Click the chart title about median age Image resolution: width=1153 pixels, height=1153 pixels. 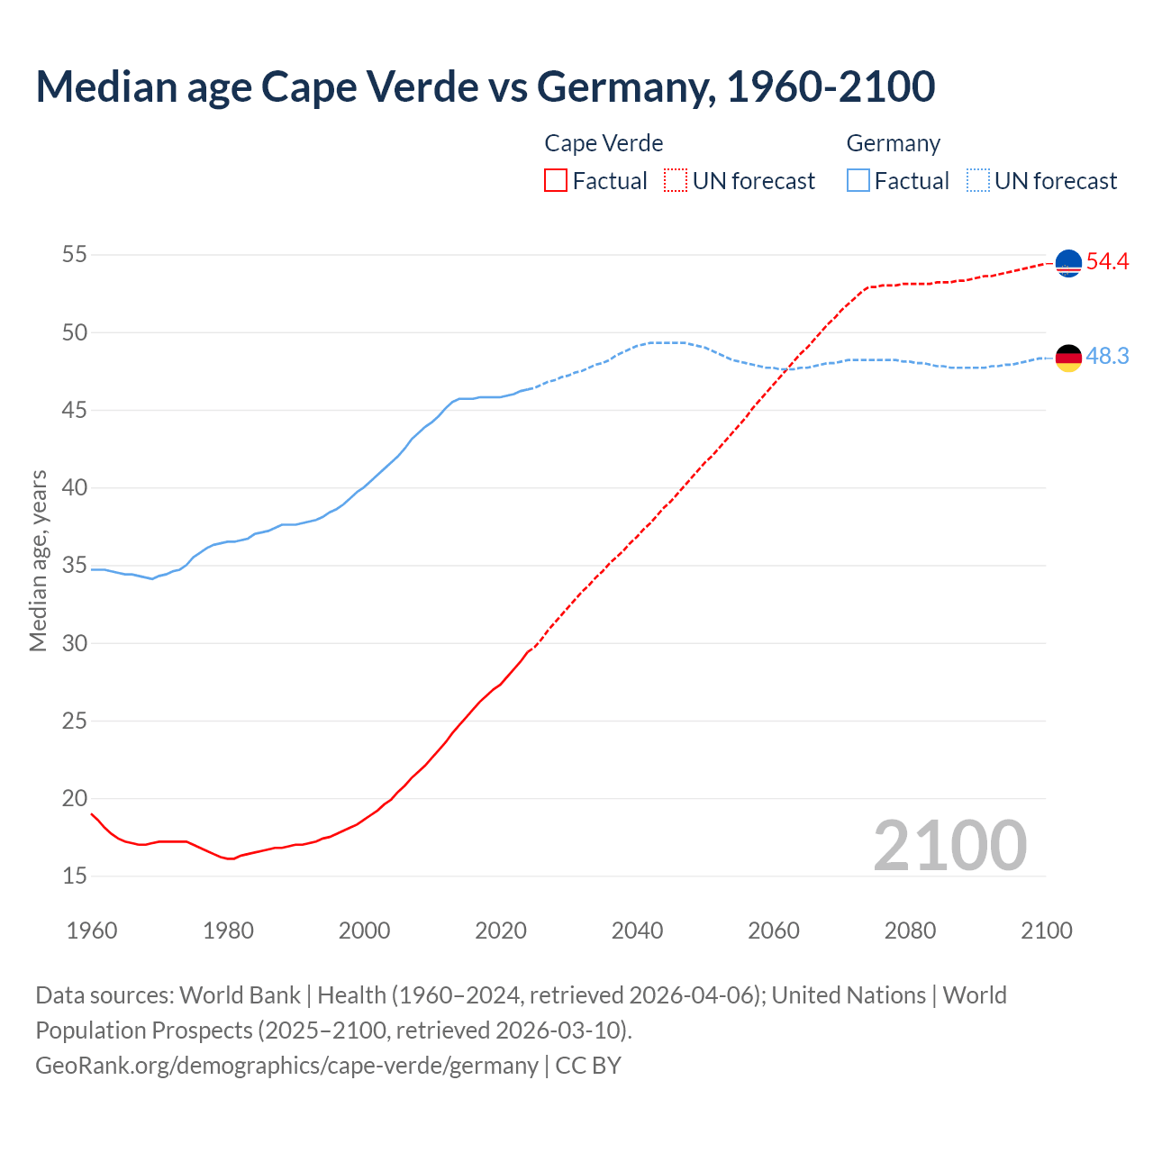(x=485, y=86)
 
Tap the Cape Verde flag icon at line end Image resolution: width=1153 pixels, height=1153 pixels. (x=1068, y=263)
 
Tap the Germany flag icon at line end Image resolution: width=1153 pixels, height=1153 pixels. (x=1068, y=358)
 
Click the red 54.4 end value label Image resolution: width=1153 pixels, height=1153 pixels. (x=1107, y=262)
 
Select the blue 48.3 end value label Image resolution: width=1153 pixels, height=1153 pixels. (x=1107, y=357)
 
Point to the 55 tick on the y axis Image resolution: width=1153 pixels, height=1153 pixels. (x=74, y=255)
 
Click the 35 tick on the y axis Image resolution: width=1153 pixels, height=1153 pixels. (x=74, y=566)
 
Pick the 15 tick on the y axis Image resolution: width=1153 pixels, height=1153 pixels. (x=74, y=876)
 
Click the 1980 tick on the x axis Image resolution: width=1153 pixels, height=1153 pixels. (x=228, y=931)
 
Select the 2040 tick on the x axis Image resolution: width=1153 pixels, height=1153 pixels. (x=637, y=931)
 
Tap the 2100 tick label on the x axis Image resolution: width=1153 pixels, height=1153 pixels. (x=1046, y=931)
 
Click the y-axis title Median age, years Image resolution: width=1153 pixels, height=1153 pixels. (x=38, y=560)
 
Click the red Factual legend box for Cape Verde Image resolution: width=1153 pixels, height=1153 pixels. (x=556, y=181)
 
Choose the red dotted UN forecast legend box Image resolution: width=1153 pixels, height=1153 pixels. (x=676, y=181)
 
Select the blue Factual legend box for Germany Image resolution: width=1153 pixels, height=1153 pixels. (x=858, y=181)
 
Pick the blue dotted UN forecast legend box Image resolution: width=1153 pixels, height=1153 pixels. (x=977, y=181)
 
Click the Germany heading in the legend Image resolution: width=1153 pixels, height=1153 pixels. (x=893, y=143)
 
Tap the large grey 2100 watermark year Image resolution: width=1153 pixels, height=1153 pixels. (x=949, y=846)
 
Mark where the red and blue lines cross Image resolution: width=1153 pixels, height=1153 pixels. (x=787, y=368)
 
